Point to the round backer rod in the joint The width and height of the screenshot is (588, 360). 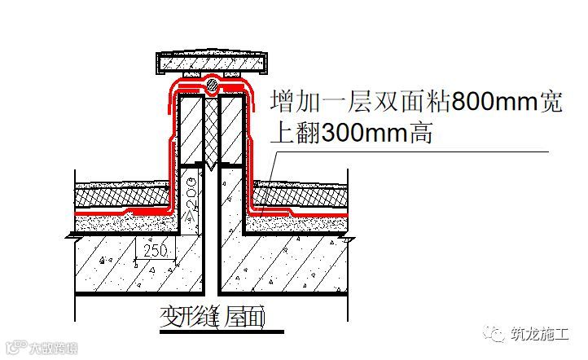[212, 83]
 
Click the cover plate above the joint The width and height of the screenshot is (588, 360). [211, 62]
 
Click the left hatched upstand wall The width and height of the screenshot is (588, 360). [191, 130]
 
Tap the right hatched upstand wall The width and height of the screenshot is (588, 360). [232, 130]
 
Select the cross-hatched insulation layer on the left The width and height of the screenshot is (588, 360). [122, 195]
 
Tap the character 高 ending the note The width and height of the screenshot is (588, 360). [417, 133]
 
